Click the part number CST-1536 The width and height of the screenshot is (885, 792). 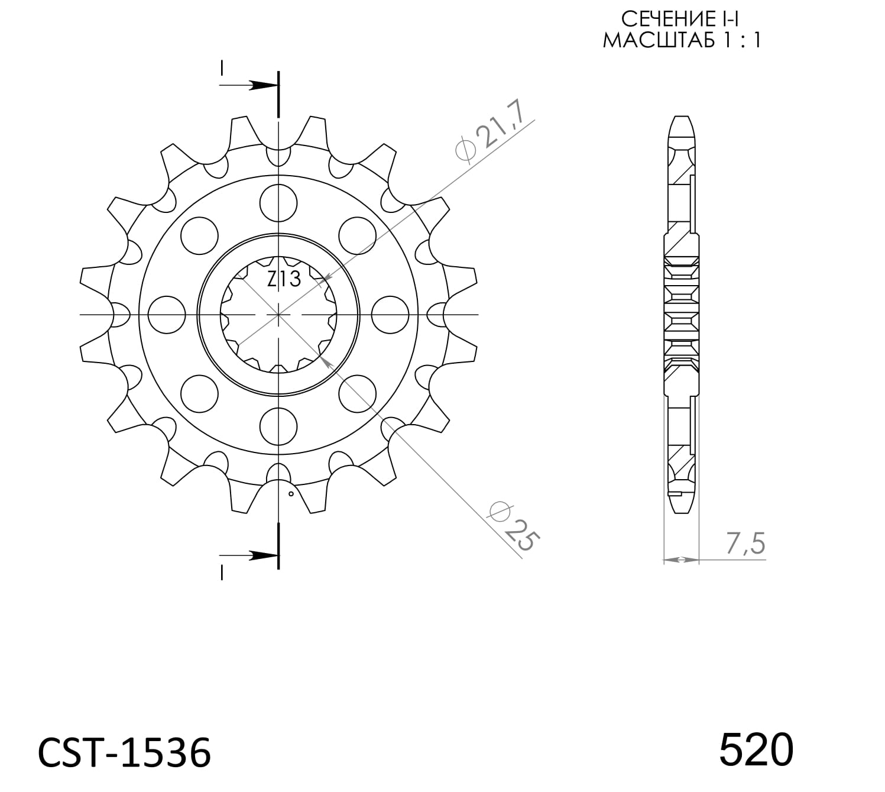[x=124, y=753]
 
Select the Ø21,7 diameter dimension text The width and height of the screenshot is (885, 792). [x=490, y=134]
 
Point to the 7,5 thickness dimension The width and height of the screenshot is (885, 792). [x=744, y=544]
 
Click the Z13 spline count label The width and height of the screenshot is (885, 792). [x=284, y=278]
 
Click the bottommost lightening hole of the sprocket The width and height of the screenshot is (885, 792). [x=278, y=426]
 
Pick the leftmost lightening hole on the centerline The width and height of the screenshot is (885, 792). [x=166, y=315]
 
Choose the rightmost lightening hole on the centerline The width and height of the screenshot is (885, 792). [x=390, y=315]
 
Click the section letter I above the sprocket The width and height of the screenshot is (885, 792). [x=222, y=68]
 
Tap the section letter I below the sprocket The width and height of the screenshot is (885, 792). [x=222, y=572]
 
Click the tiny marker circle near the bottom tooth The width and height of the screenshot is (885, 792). [x=290, y=493]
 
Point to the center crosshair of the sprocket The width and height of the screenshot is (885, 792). [x=278, y=315]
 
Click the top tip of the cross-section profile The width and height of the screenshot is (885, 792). [x=681, y=117]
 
